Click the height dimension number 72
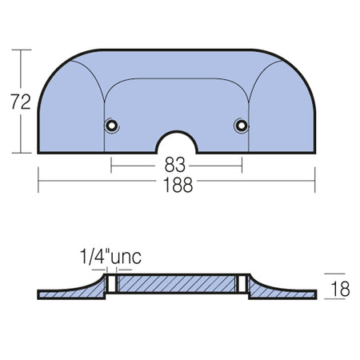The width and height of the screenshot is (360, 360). pos(21,102)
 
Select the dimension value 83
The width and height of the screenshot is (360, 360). pos(175,165)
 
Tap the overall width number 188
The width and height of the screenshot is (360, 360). pos(178,185)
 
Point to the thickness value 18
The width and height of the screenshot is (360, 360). pos(340,289)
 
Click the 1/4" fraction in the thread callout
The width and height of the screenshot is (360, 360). pos(95,257)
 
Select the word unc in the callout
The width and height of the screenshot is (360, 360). pos(126,258)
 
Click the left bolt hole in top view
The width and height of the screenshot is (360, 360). pos(111,125)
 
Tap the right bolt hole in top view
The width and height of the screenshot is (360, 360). pos(242,125)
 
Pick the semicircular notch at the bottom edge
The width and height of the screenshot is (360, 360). pos(177,132)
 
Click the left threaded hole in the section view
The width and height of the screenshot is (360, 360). pos(112,283)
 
